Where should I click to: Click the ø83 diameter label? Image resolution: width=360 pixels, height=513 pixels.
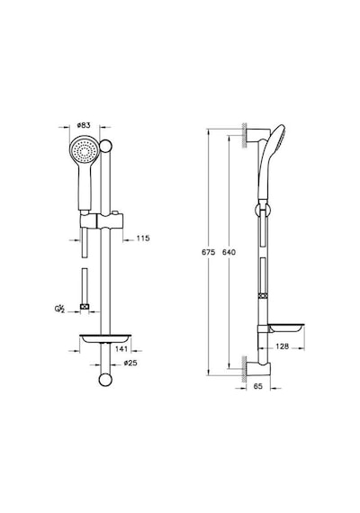84,125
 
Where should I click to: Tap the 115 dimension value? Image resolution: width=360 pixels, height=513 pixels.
143,238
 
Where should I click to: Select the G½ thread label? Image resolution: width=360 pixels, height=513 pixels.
58,309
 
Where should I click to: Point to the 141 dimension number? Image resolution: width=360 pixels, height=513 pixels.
121,349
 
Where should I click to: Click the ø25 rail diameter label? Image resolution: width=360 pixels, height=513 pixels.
130,363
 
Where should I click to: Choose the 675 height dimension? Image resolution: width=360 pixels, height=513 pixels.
209,252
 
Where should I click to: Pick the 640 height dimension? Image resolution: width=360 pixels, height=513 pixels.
229,252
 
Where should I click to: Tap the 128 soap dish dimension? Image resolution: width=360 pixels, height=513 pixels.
282,346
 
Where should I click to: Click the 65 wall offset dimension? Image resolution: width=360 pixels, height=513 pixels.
258,386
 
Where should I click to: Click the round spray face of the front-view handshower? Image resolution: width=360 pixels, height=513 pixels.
84,151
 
